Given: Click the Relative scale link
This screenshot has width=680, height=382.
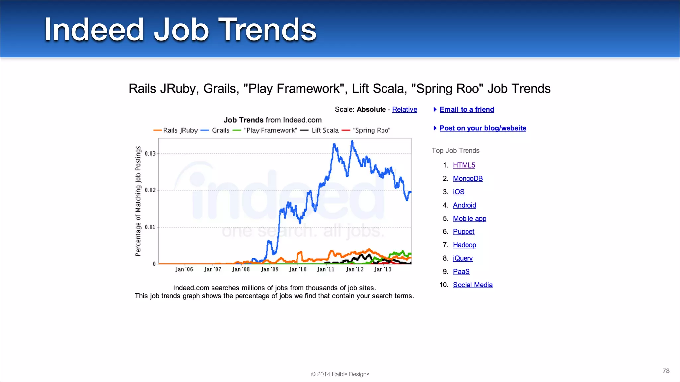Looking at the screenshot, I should [404, 110].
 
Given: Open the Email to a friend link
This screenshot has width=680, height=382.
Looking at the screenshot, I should [467, 110].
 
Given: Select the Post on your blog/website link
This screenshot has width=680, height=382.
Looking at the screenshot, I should [482, 128].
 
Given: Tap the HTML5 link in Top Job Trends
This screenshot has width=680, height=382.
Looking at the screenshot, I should [464, 165].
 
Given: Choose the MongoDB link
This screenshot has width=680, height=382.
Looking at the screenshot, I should [467, 179].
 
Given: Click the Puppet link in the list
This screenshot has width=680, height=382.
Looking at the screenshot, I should [464, 232].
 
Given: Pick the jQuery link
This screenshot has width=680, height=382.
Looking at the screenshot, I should [463, 258].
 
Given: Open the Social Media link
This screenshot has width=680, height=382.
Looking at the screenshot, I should [472, 285].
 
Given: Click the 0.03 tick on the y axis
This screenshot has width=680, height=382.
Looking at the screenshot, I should [150, 154].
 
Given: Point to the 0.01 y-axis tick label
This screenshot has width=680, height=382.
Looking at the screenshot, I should [150, 227].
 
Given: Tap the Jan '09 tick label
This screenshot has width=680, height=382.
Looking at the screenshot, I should [270, 269].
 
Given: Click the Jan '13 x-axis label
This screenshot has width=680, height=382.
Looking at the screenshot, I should [383, 269].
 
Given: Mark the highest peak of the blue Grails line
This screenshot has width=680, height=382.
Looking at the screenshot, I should [352, 141].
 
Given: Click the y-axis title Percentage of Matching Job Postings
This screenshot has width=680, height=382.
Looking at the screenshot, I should [138, 201].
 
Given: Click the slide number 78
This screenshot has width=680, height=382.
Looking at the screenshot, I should [666, 371].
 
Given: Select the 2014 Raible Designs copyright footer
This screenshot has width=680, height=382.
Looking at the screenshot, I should [340, 374].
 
